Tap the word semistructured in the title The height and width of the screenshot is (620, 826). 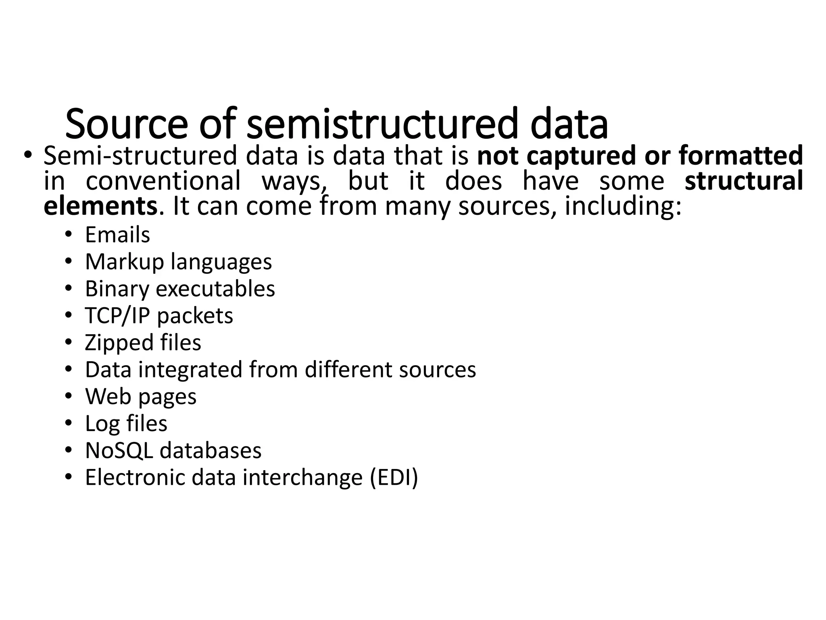[381, 123]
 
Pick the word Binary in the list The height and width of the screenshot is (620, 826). [117, 289]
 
